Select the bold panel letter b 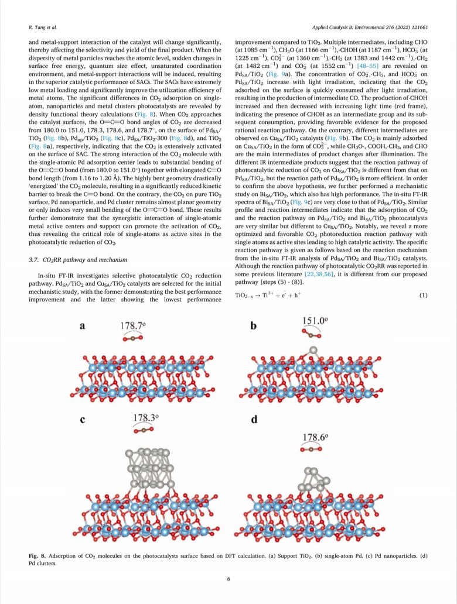click(x=253, y=325)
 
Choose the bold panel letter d click(x=253, y=419)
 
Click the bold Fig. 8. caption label click(x=40, y=554)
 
